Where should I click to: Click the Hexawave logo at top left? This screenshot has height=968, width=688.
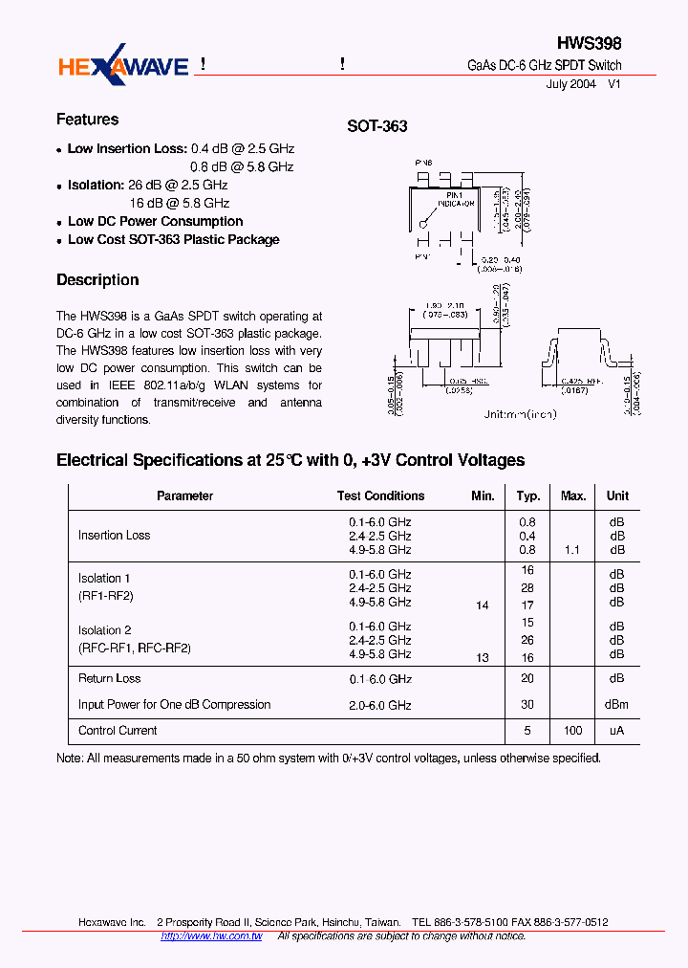pyautogui.click(x=123, y=66)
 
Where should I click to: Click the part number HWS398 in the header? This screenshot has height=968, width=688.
pyautogui.click(x=589, y=44)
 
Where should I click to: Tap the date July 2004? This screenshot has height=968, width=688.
pyautogui.click(x=570, y=84)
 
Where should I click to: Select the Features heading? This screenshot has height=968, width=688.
pyautogui.click(x=87, y=120)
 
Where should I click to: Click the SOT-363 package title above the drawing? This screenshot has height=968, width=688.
pyautogui.click(x=376, y=126)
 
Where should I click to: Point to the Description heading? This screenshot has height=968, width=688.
pyautogui.click(x=97, y=280)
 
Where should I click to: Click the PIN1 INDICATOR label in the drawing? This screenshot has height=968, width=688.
pyautogui.click(x=456, y=199)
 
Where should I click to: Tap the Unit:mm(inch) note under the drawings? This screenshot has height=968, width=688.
pyautogui.click(x=520, y=414)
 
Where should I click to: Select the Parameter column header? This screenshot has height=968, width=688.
pyautogui.click(x=184, y=495)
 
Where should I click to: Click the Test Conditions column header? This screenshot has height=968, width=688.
pyautogui.click(x=380, y=495)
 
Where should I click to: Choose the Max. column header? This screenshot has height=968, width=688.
pyautogui.click(x=573, y=495)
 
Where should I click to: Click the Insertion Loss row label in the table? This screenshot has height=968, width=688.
pyautogui.click(x=114, y=536)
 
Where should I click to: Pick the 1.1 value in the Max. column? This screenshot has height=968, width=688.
pyautogui.click(x=573, y=550)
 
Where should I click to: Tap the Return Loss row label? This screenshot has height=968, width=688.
pyautogui.click(x=109, y=678)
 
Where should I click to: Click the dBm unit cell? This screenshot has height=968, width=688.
pyautogui.click(x=616, y=705)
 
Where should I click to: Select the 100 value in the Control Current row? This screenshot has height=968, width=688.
pyautogui.click(x=573, y=731)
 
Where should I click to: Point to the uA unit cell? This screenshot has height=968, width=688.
pyautogui.click(x=616, y=731)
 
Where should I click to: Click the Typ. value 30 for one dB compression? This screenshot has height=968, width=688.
pyautogui.click(x=527, y=705)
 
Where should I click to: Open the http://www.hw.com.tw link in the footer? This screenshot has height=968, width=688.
pyautogui.click(x=211, y=936)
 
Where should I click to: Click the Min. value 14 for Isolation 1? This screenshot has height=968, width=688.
pyautogui.click(x=482, y=605)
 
